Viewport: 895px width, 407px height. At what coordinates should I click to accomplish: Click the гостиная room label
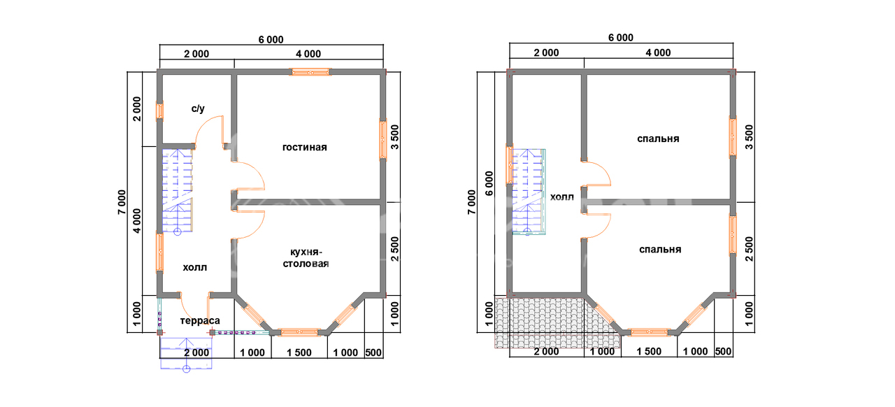304,148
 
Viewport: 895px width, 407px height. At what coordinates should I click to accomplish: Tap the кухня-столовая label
306,258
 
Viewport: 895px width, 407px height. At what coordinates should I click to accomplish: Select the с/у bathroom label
198,109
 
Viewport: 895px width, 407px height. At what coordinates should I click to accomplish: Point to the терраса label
200,321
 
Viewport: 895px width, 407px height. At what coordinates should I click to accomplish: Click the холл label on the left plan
195,267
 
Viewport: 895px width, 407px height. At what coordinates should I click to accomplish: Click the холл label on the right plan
561,197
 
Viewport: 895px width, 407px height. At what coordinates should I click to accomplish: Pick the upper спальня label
658,138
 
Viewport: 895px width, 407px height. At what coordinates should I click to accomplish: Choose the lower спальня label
660,250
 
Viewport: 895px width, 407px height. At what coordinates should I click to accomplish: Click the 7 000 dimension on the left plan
122,202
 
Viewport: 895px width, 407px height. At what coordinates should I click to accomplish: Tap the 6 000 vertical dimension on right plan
489,183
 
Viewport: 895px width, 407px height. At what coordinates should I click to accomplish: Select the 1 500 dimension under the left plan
299,352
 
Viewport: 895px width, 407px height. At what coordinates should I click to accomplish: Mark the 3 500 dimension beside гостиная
395,137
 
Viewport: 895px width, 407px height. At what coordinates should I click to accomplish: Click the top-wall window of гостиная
310,72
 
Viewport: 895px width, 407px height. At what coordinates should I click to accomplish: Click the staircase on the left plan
177,191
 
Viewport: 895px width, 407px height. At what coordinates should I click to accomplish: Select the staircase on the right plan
529,192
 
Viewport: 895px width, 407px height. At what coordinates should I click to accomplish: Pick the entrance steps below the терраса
186,353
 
